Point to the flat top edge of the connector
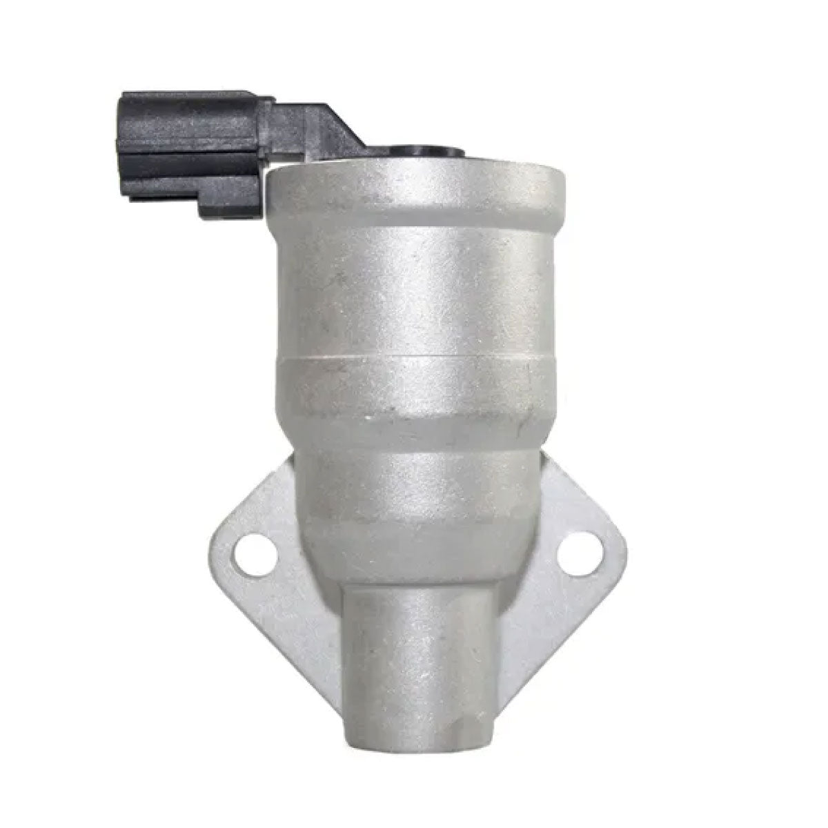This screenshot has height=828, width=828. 193,94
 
